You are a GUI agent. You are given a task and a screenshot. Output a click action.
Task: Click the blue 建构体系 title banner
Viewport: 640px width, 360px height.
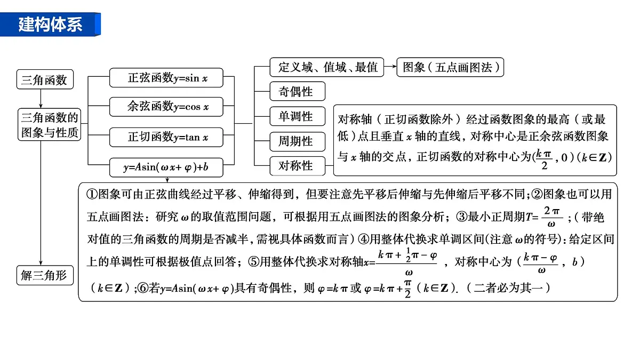(x=50, y=25)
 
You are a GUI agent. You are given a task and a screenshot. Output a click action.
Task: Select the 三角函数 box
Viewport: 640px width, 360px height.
(x=45, y=79)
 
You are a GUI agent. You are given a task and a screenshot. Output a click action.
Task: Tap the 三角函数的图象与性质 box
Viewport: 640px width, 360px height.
(x=49, y=125)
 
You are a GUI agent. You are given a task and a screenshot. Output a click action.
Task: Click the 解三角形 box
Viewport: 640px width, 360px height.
(x=45, y=275)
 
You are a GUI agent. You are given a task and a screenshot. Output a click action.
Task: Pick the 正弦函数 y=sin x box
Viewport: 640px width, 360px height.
(x=166, y=78)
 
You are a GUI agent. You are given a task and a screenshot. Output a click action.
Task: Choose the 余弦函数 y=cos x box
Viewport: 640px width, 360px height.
(x=166, y=107)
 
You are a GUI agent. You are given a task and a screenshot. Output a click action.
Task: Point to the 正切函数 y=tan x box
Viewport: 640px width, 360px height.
(x=166, y=137)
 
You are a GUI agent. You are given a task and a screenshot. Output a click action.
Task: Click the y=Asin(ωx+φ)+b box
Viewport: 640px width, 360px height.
(x=166, y=167)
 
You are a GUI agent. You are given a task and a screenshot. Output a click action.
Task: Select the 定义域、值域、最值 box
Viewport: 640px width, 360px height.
(x=326, y=67)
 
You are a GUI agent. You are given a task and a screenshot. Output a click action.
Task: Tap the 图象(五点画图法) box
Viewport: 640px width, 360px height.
(x=450, y=67)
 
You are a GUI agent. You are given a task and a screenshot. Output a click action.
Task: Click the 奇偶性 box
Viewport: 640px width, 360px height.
(x=298, y=91)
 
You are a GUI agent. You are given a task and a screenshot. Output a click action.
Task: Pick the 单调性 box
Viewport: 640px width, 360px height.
(x=298, y=116)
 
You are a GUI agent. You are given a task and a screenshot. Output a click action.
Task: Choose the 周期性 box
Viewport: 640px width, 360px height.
(x=298, y=141)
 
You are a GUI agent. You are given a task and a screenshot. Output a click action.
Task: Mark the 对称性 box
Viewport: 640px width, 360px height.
(x=298, y=166)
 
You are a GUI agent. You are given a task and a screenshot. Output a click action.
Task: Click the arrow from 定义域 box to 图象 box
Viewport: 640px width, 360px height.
(x=390, y=67)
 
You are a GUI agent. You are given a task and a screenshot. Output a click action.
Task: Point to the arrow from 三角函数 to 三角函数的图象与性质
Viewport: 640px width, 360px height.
(x=41, y=99)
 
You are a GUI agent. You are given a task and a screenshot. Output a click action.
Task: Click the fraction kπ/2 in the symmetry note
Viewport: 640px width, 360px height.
(x=544, y=159)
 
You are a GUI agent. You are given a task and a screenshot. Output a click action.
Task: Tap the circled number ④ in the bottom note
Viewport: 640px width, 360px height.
(x=363, y=239)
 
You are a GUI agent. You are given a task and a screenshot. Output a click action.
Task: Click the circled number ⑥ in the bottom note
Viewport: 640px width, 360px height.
(x=143, y=288)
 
